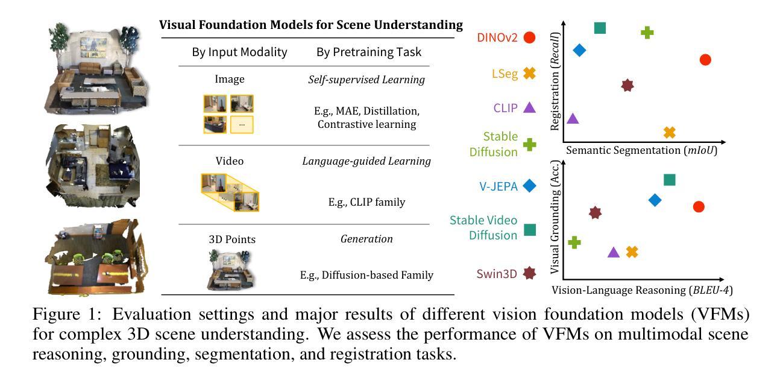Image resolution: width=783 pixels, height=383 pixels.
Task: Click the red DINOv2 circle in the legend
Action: click(x=530, y=37)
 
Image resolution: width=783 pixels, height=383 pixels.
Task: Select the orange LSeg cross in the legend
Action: click(x=530, y=74)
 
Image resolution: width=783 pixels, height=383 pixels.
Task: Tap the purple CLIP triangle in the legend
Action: click(x=530, y=107)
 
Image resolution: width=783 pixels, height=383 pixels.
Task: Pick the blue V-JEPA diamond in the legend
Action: click(x=530, y=186)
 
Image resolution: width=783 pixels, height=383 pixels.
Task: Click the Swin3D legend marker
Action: click(x=530, y=273)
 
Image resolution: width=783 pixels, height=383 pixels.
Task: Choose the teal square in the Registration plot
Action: click(x=600, y=28)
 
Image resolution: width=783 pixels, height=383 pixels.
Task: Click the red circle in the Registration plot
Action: click(x=705, y=60)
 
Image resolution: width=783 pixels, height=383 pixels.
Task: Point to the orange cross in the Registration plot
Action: click(x=670, y=133)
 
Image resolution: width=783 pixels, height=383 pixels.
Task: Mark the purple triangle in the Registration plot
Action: click(x=573, y=118)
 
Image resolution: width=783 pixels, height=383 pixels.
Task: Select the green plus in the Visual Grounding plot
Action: click(x=574, y=242)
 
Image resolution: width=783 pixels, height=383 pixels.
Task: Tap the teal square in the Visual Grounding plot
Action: click(x=670, y=180)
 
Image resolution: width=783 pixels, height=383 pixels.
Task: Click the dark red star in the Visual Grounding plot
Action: click(x=595, y=213)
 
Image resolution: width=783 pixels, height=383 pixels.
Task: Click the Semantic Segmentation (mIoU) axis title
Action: click(x=641, y=150)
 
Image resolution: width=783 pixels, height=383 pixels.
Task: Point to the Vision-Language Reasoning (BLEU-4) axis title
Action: click(x=642, y=290)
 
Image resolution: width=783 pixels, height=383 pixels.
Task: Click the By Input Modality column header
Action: click(x=239, y=52)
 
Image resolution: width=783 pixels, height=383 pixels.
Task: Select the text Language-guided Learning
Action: click(x=366, y=161)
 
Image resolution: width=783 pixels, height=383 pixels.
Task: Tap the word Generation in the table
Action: click(x=366, y=239)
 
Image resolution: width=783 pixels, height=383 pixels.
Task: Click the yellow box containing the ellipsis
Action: click(x=242, y=124)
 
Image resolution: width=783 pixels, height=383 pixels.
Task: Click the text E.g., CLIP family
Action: click(x=366, y=202)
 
